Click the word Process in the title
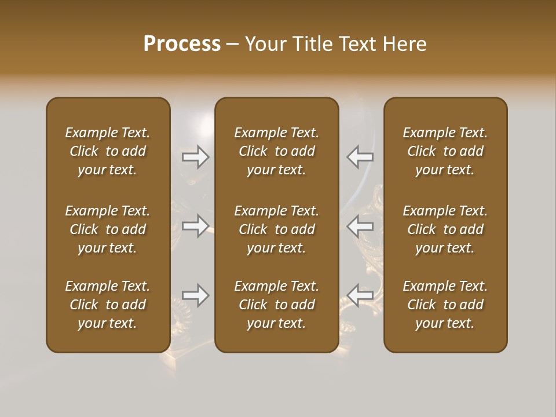[x=182, y=43]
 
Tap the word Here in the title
[x=404, y=44]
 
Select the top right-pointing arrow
[x=196, y=157]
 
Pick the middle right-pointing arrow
[x=196, y=226]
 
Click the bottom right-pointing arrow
[x=196, y=295]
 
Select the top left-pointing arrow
[x=360, y=157]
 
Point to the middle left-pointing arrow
[x=360, y=226]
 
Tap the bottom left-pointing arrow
[x=360, y=295]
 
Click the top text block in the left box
[x=108, y=151]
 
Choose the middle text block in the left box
[x=108, y=229]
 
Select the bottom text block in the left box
[x=108, y=305]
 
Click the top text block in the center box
[x=277, y=151]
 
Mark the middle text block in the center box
[x=277, y=229]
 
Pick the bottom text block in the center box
[x=277, y=305]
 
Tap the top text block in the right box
[x=445, y=151]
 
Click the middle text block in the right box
[x=445, y=229]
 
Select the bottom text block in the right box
[x=445, y=305]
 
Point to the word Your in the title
[x=264, y=44]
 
